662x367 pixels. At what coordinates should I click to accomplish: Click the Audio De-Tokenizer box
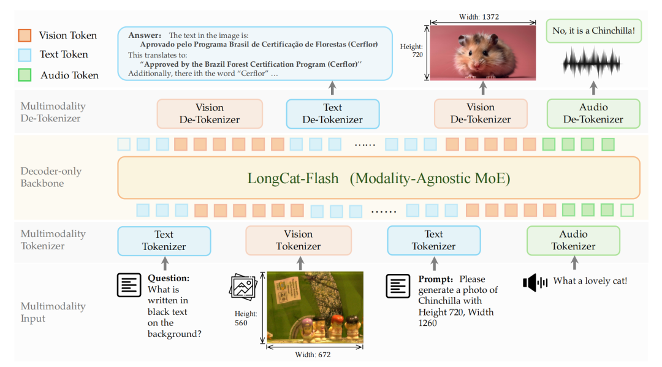pyautogui.click(x=593, y=113)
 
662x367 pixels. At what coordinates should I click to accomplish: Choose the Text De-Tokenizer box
pyautogui.click(x=332, y=113)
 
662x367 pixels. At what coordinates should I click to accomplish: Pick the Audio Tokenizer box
pyautogui.click(x=573, y=240)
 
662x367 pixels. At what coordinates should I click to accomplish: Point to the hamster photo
pyautogui.click(x=482, y=53)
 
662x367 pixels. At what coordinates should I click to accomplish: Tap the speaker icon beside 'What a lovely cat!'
pyautogui.click(x=535, y=282)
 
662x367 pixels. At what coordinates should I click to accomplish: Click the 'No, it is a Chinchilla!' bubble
pyautogui.click(x=593, y=31)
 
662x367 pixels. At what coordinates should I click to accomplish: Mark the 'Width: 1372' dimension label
pyautogui.click(x=482, y=18)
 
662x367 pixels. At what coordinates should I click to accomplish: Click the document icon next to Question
pyautogui.click(x=129, y=284)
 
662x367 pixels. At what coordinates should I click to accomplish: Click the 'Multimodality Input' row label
pyautogui.click(x=53, y=312)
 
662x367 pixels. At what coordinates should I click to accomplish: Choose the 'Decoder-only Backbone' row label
pyautogui.click(x=51, y=177)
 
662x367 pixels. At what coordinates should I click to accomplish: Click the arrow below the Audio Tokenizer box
pyautogui.click(x=574, y=263)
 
